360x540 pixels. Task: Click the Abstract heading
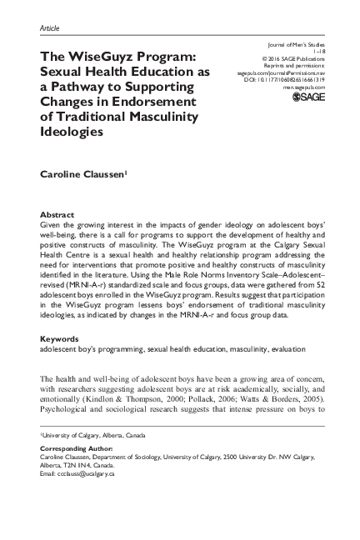(56, 214)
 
